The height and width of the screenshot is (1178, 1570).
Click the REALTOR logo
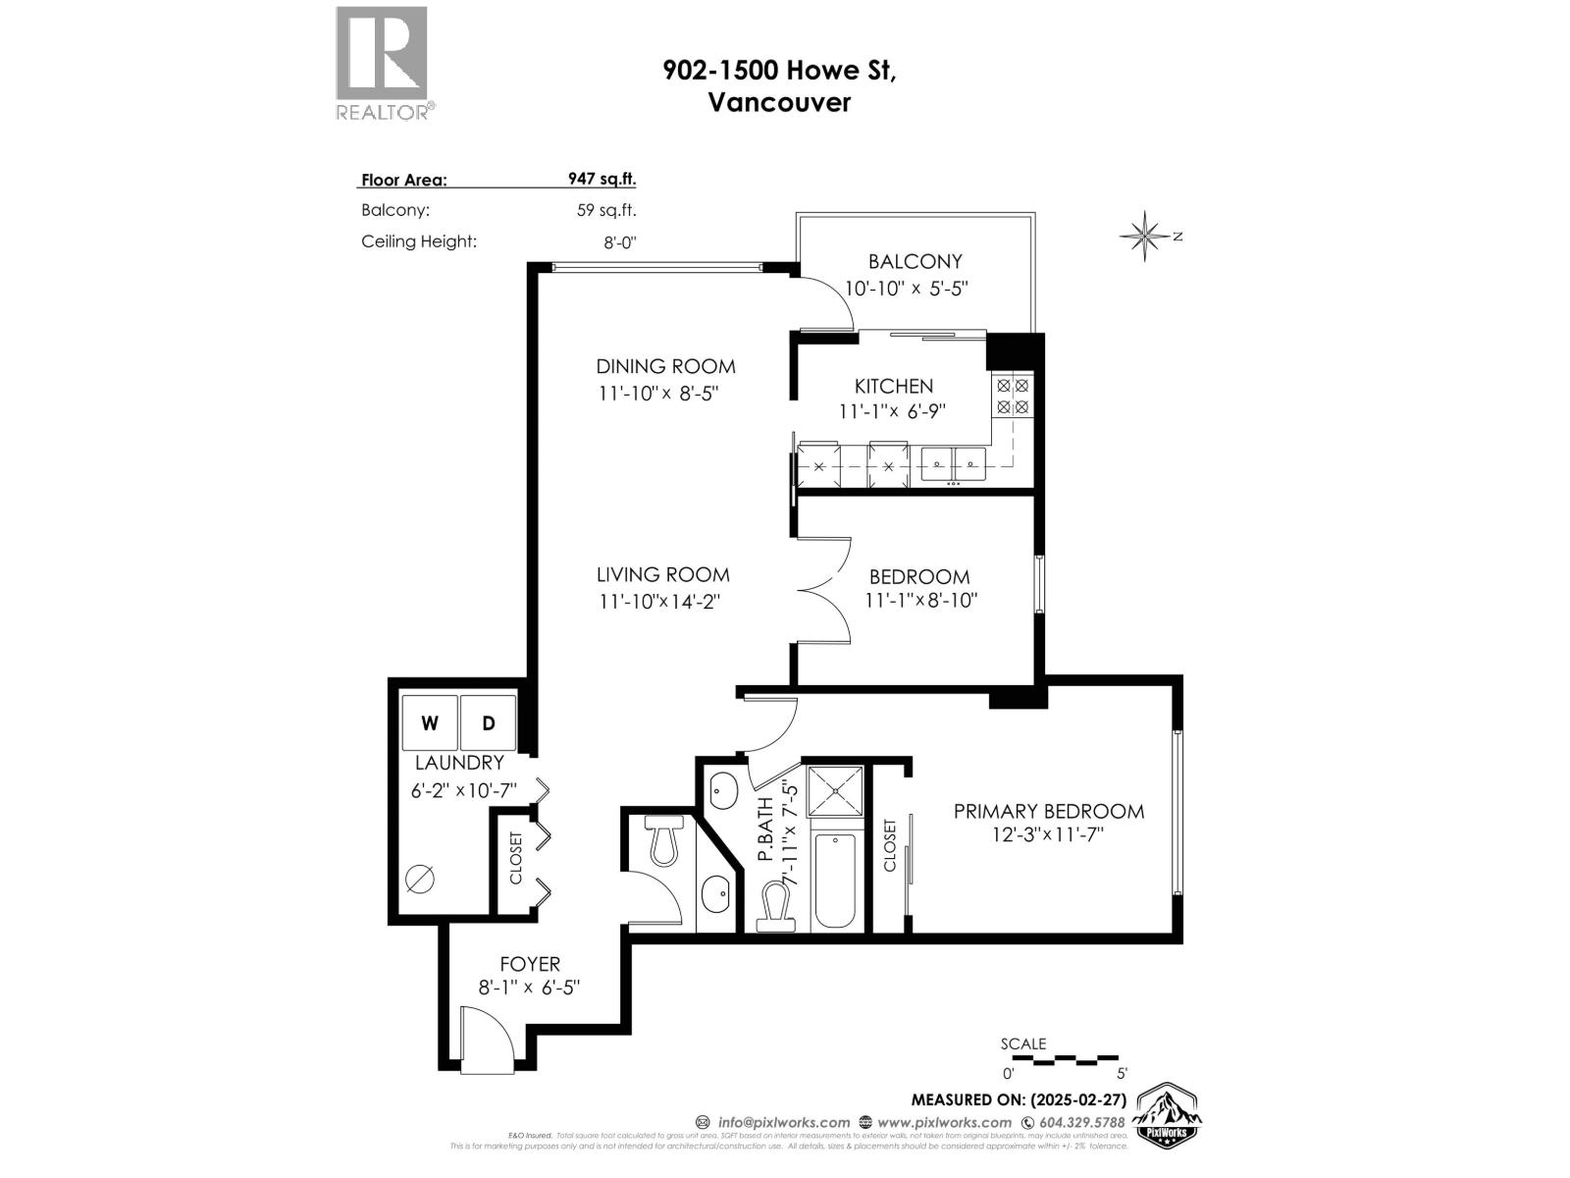pyautogui.click(x=382, y=62)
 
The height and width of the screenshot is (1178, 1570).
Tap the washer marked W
pyautogui.click(x=430, y=723)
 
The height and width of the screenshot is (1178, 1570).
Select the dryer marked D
pyautogui.click(x=488, y=723)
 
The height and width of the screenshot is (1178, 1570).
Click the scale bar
pyautogui.click(x=1064, y=1060)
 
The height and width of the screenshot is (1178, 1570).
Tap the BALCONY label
pyautogui.click(x=915, y=261)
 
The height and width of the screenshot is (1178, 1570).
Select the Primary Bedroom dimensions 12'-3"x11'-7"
pyautogui.click(x=1048, y=835)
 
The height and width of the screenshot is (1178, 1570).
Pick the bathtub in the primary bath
pyautogui.click(x=835, y=880)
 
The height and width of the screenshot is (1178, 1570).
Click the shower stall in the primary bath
pyautogui.click(x=835, y=791)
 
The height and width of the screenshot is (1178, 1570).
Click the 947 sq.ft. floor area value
pyautogui.click(x=602, y=179)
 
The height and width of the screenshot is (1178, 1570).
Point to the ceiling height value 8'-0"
pyautogui.click(x=619, y=242)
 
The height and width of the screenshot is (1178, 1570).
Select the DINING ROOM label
pyautogui.click(x=665, y=366)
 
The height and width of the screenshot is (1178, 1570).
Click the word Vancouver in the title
pyautogui.click(x=779, y=102)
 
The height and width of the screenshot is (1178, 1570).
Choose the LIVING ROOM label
pyautogui.click(x=662, y=575)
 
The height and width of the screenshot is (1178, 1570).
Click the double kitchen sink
pyautogui.click(x=953, y=461)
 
